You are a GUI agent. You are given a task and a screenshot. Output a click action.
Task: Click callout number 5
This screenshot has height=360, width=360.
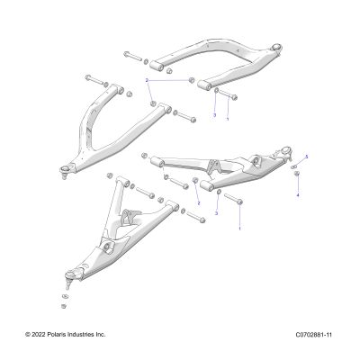307,157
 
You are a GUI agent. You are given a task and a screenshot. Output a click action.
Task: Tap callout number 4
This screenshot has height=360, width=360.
298,195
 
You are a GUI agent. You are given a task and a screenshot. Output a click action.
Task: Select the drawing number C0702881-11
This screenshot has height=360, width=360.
314,335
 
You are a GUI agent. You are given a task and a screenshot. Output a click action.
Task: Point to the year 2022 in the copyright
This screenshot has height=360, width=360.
39,334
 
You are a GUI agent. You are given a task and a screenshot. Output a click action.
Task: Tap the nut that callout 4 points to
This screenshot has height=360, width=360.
297,174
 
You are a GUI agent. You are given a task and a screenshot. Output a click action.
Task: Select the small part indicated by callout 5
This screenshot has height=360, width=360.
294,166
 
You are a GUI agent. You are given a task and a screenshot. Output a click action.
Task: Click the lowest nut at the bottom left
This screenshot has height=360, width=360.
64,306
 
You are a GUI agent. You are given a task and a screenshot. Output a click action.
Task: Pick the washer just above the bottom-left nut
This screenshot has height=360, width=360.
64,297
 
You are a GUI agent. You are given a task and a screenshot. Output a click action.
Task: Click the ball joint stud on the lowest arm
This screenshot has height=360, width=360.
68,284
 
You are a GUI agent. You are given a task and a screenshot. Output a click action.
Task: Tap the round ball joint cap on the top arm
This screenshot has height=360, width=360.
277,47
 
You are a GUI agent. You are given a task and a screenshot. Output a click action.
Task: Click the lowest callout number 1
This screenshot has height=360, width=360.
239,229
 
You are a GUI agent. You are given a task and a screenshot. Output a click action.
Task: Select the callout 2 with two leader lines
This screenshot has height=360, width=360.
147,80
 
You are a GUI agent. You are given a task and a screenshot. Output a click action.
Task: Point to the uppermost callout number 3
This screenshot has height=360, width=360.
214,115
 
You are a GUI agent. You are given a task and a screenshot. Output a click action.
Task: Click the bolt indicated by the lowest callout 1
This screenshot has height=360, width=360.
233,199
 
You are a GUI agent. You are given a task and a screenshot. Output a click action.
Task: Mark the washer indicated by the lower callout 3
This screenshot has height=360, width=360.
219,192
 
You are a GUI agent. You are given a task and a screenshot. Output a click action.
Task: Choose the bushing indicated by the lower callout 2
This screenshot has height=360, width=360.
195,180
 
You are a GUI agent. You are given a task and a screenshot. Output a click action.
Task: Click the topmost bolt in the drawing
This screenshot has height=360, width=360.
132,56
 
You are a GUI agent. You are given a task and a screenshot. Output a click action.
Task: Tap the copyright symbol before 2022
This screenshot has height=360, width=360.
28,334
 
